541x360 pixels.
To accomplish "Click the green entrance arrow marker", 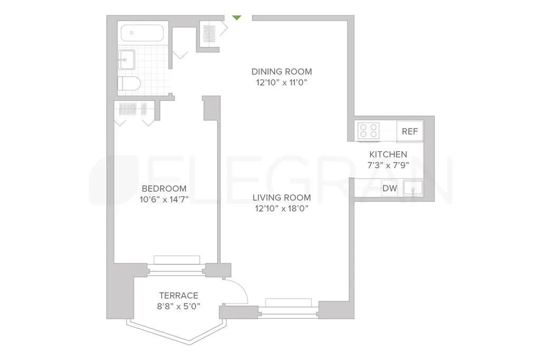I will [x=237, y=17].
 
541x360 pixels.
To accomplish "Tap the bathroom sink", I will [x=127, y=60].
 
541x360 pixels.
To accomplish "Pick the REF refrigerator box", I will [x=410, y=131].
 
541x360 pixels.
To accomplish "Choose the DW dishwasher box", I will [x=390, y=188].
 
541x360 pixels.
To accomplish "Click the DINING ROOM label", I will [x=281, y=72].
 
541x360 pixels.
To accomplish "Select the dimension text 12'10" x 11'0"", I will [x=281, y=82].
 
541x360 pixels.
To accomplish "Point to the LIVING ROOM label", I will [x=281, y=198].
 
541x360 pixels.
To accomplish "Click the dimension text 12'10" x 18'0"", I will [x=281, y=209].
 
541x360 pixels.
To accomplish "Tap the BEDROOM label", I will [x=164, y=189].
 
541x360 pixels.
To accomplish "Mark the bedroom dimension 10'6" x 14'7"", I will [x=164, y=200].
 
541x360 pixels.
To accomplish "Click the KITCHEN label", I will [x=388, y=155].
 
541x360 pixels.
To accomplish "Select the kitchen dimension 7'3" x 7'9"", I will [x=388, y=165].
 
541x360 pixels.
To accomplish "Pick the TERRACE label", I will [x=179, y=296].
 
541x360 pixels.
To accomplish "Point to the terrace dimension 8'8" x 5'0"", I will [x=179, y=306].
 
